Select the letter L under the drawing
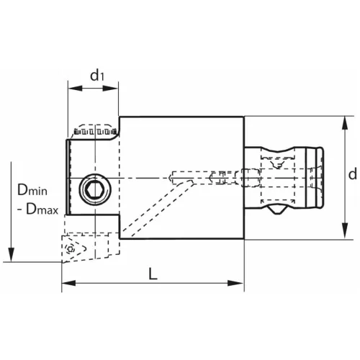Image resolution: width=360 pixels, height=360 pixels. pos(153,274)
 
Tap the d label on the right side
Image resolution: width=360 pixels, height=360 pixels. pos(351,175)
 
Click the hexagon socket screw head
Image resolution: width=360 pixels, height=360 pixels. pos(93,189)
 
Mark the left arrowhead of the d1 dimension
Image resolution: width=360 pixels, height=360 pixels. pos(71,90)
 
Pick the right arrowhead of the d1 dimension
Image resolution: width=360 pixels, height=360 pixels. pos(114,90)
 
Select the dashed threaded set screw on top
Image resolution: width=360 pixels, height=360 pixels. pos(94,132)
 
